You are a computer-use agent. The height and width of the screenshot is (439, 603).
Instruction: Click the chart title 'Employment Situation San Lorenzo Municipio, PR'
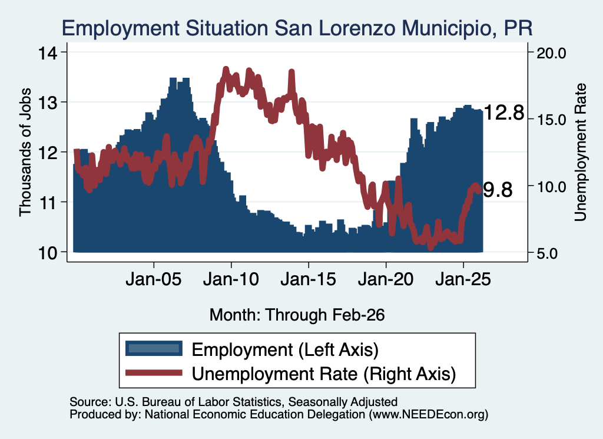[297, 28]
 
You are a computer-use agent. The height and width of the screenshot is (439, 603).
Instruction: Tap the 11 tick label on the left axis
[48, 202]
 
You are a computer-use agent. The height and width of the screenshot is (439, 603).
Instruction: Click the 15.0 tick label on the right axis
[551, 120]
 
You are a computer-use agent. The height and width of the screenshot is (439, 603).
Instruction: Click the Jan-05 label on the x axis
[154, 279]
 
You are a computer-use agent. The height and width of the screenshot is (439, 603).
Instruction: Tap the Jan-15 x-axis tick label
[308, 279]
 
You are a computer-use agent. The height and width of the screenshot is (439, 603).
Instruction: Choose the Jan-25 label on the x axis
[463, 279]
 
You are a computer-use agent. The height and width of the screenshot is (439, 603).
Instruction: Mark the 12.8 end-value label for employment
[504, 113]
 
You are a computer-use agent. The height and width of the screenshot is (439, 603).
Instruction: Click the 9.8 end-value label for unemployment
[498, 190]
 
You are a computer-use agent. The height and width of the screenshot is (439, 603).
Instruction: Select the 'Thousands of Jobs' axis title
[25, 152]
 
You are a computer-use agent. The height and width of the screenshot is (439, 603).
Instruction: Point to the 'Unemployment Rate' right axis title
[580, 153]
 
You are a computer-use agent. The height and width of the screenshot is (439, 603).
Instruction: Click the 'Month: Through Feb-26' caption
[297, 315]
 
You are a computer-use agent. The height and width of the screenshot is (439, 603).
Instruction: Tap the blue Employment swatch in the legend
[154, 348]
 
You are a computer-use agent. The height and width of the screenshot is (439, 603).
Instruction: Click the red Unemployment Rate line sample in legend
[154, 372]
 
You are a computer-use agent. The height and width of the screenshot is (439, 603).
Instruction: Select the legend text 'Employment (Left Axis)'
[285, 350]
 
